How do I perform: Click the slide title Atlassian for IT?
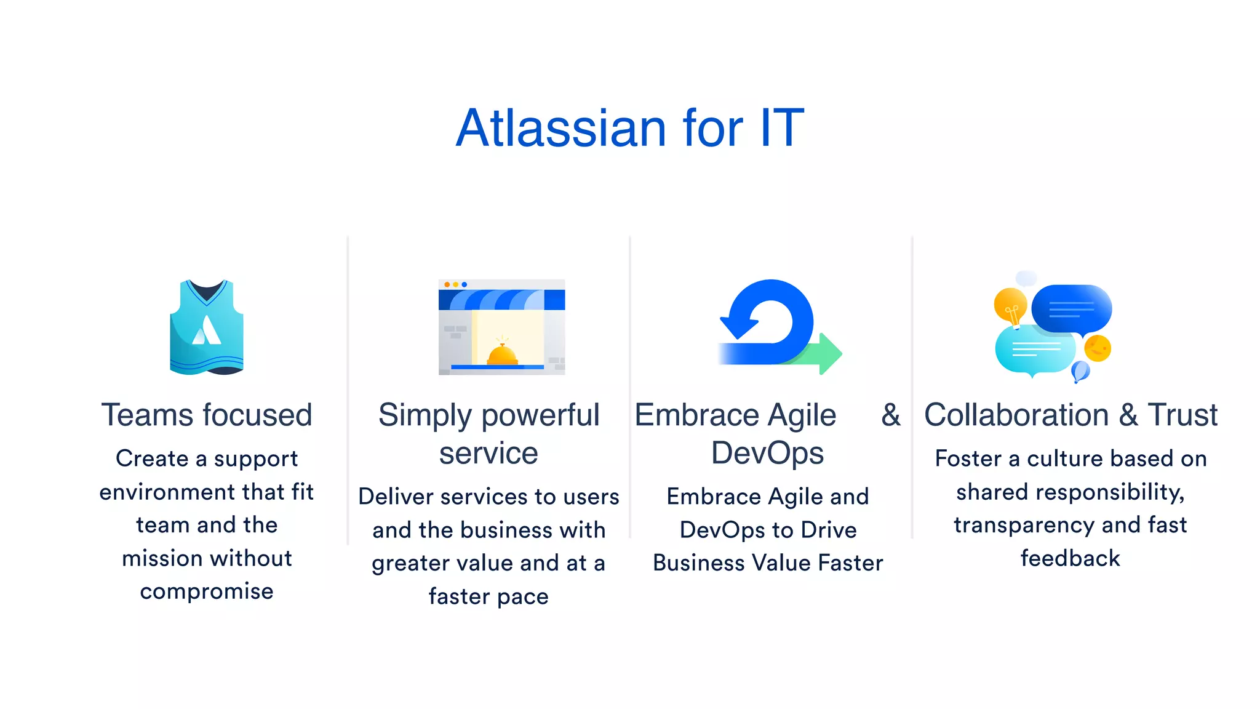tap(629, 128)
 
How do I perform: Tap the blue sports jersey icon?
tap(207, 327)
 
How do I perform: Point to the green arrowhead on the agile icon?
tap(831, 353)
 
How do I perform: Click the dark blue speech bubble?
tap(1071, 308)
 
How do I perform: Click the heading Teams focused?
tap(207, 415)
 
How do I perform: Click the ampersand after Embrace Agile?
tap(890, 415)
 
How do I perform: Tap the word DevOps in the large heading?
tap(767, 454)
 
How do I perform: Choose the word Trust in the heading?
tap(1182, 415)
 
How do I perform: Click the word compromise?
tap(207, 591)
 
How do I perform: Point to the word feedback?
tap(1071, 558)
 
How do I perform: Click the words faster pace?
tap(488, 596)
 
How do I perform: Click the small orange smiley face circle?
tap(1097, 348)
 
